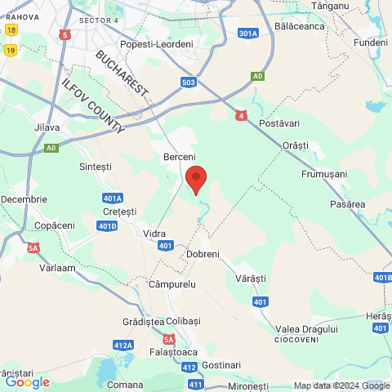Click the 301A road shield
click(248, 33)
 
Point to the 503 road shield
click(189, 82)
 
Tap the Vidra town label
click(154, 234)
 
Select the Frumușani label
click(324, 174)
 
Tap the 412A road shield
click(123, 345)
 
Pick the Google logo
click(27, 381)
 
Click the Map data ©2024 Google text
click(341, 385)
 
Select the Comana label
click(124, 383)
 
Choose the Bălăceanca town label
click(301, 26)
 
